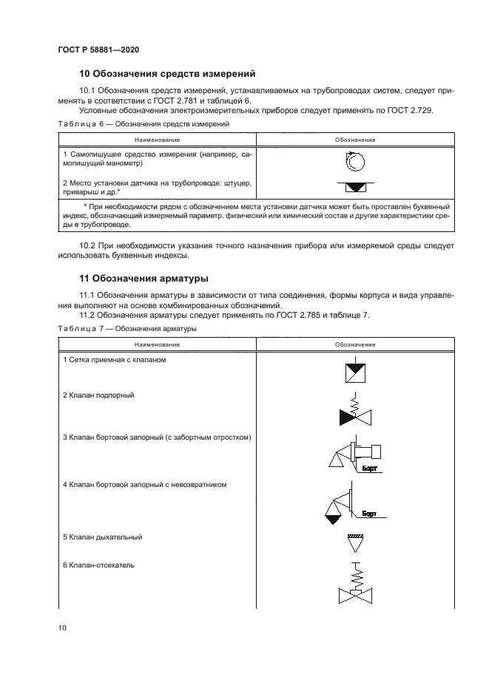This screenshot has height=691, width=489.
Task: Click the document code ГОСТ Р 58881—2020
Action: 98,50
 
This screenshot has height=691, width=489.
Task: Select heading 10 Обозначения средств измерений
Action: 167,73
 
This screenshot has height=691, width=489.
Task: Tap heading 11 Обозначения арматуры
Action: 144,279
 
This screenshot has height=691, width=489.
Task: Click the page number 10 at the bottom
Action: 62,628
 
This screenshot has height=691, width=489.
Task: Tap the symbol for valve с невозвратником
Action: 345,506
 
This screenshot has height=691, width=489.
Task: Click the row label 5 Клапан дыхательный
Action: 102,537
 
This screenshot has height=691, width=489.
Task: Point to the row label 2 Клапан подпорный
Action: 98,395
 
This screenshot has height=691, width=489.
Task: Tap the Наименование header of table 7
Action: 156,344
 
